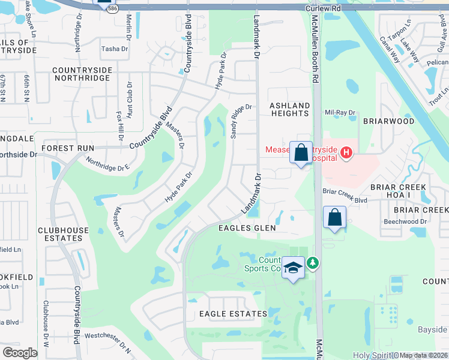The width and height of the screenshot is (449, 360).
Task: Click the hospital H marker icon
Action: (x=346, y=154)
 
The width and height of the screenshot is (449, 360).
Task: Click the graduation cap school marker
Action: (x=293, y=268)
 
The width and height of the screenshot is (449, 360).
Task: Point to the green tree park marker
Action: (x=312, y=263)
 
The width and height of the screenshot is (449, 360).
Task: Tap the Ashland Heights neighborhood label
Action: (x=290, y=110)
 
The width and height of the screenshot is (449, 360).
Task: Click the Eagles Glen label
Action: (x=247, y=228)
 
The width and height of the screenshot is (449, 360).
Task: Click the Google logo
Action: (x=19, y=353)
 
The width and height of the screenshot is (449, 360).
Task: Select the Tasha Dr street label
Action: (x=115, y=49)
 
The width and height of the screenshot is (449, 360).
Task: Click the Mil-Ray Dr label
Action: (x=340, y=112)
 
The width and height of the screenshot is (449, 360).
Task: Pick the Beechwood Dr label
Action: (x=405, y=221)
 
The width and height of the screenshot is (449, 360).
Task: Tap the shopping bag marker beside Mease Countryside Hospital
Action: (x=300, y=152)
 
